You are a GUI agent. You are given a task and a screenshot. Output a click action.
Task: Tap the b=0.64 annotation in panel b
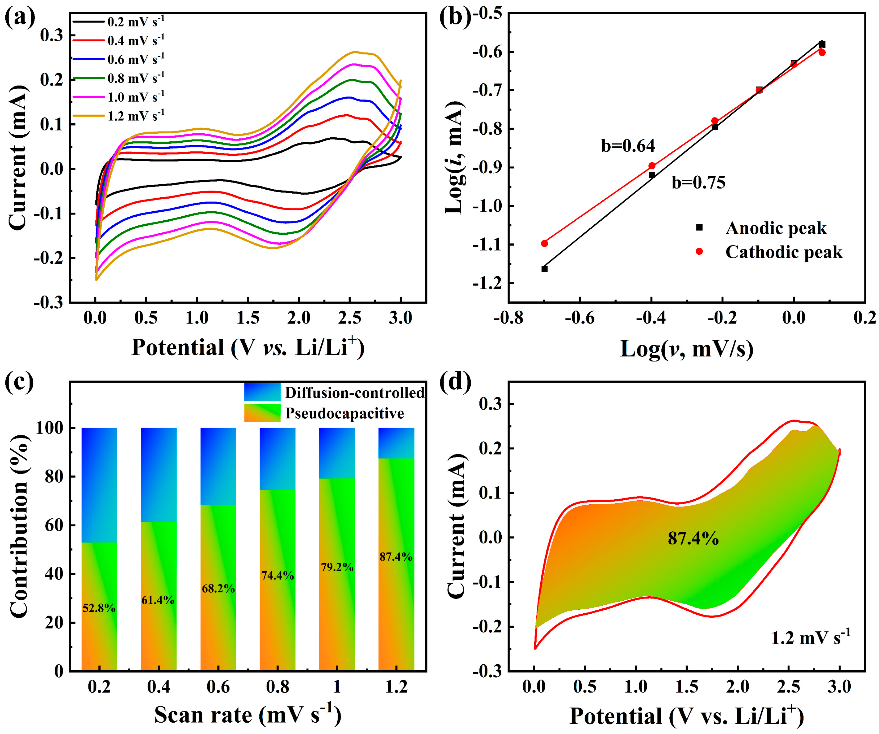coord(628,146)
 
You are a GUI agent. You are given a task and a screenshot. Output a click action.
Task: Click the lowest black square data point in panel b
coord(545,269)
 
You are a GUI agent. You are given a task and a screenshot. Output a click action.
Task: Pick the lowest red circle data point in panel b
coord(545,243)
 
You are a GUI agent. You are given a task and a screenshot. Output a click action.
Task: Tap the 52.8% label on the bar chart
coord(99,608)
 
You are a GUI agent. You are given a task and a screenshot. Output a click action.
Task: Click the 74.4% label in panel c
coord(277,575)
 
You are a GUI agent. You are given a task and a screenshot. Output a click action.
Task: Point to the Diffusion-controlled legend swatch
coord(262,392)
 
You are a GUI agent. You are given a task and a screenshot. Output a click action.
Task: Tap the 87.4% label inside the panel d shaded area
coord(693,538)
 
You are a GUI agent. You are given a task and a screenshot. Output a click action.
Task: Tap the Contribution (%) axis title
coord(19,526)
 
